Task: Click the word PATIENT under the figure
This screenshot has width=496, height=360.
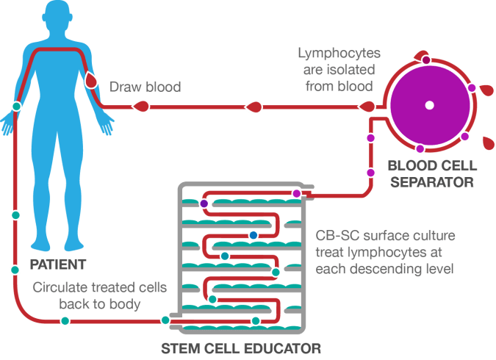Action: (x=57, y=263)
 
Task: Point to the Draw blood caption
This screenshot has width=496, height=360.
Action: (x=145, y=87)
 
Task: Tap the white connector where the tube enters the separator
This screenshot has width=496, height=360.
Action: (x=382, y=112)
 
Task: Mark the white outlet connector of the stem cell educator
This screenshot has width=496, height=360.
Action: (x=176, y=320)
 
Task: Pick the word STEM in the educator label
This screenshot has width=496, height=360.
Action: (x=180, y=347)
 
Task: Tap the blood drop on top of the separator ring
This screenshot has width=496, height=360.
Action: (x=420, y=57)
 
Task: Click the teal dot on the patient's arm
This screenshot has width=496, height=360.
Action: (x=16, y=107)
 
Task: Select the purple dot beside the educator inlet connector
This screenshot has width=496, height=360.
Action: (x=296, y=193)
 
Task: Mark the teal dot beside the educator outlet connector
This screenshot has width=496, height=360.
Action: (x=165, y=320)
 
